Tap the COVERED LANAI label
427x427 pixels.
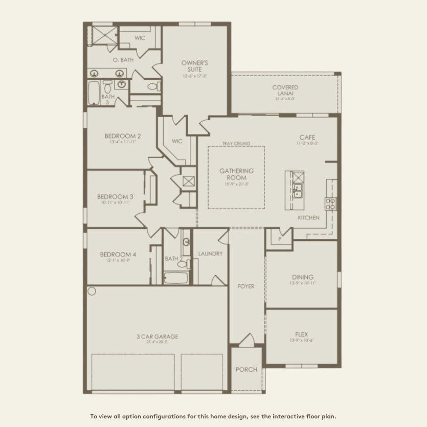(285, 91)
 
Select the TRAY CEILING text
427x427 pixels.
(236, 144)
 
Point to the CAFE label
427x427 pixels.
(307, 137)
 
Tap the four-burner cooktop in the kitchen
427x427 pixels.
(331, 204)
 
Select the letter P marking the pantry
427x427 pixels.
(280, 239)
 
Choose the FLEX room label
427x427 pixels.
(302, 335)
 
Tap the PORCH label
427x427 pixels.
(246, 370)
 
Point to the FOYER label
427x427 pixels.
(246, 286)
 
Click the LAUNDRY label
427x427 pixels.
(210, 253)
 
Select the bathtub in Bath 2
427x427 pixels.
(176, 278)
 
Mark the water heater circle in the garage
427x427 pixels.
(92, 291)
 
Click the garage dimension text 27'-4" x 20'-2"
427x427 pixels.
(157, 342)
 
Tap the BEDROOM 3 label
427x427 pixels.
(116, 196)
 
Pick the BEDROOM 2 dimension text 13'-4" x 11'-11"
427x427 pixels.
(122, 142)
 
